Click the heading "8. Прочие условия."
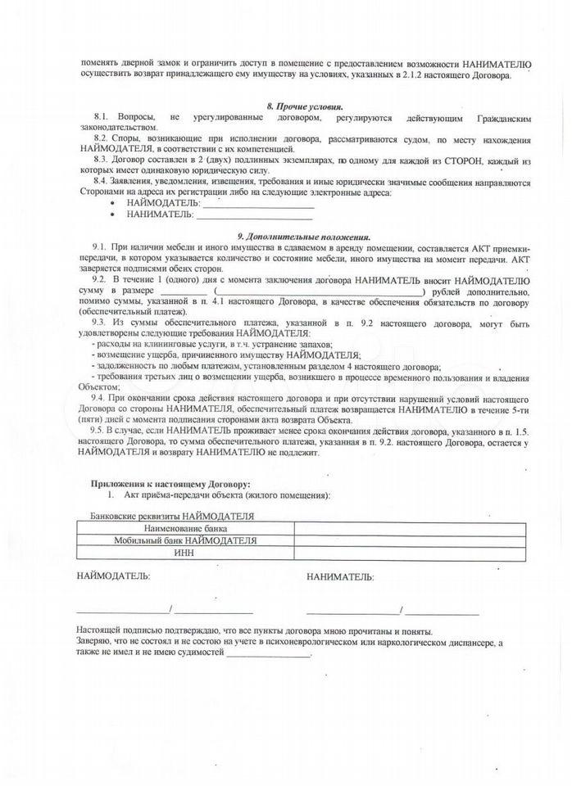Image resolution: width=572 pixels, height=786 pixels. (305, 107)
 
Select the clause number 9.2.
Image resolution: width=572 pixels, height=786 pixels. (101, 278)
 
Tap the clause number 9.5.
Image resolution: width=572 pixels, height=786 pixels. (101, 430)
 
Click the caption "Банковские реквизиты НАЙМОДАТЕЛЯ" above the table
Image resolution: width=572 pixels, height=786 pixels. (172, 517)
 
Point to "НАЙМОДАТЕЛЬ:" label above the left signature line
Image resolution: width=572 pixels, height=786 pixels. (113, 576)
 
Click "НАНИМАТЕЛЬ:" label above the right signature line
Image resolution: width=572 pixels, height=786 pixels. (340, 577)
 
